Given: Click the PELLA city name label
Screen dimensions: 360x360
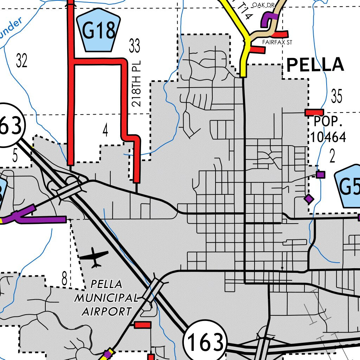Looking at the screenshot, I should pos(315,65).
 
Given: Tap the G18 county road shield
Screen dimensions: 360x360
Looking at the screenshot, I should pos(98,30).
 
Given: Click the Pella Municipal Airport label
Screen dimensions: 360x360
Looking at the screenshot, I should pos(106,297).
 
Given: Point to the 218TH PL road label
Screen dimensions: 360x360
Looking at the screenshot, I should pos(136,88).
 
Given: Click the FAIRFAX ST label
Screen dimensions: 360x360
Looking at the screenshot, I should pos(277,42).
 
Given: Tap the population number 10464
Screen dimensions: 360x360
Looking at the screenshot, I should pos(328,137).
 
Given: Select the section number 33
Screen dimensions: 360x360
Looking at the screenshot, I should pos(134,46).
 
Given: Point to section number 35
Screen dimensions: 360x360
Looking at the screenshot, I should pos(336,96).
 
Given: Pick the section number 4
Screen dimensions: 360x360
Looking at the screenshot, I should pos(105,131).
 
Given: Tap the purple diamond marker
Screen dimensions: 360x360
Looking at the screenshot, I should pos(309,199).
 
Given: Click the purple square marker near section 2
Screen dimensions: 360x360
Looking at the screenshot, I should pos(320,174).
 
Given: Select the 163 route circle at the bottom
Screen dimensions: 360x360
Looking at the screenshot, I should pos(205,342).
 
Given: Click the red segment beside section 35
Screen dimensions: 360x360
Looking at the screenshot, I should pos(314,112).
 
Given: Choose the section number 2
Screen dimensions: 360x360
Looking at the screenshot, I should pos(332,157).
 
